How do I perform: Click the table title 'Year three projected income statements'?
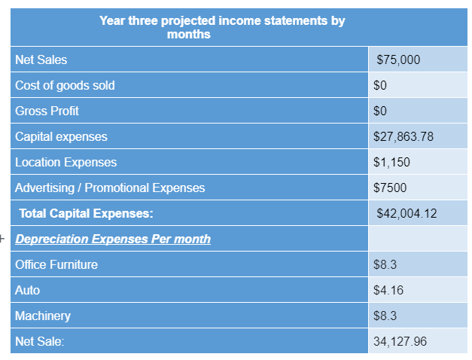click(x=221, y=27)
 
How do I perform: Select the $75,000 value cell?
click(x=398, y=60)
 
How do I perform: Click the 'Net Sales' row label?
click(x=41, y=60)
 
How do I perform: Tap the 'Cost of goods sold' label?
click(x=65, y=86)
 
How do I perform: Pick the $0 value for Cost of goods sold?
click(x=380, y=86)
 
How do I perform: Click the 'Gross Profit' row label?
click(x=47, y=111)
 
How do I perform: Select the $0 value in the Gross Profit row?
click(x=380, y=111)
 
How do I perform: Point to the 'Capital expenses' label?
click(x=61, y=137)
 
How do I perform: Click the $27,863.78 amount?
click(x=403, y=137)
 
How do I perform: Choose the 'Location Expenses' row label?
click(x=65, y=163)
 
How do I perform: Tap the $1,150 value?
click(x=391, y=163)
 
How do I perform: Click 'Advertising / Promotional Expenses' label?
click(x=110, y=188)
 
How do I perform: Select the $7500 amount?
click(x=388, y=188)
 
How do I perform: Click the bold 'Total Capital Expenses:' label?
click(x=86, y=214)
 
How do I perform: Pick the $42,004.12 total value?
click(x=407, y=214)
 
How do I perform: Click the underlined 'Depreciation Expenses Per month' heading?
click(x=113, y=239)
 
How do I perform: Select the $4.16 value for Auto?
click(x=386, y=291)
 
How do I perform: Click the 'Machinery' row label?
click(x=43, y=316)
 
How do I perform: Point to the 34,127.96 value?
click(x=400, y=342)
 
